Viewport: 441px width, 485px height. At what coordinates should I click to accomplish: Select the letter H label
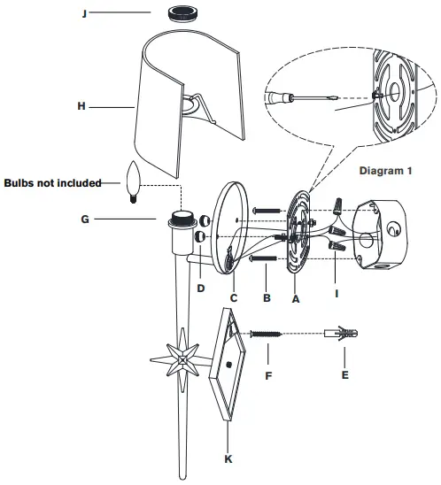pyautogui.click(x=81, y=106)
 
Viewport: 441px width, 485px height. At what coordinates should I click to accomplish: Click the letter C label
pyautogui.click(x=234, y=299)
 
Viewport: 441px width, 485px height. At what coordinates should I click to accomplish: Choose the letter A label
pyautogui.click(x=296, y=299)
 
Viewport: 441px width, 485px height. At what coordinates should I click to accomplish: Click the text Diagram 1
pyautogui.click(x=386, y=168)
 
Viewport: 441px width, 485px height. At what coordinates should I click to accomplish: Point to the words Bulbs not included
pyautogui.click(x=52, y=182)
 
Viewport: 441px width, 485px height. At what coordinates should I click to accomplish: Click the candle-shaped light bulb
pyautogui.click(x=135, y=182)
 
